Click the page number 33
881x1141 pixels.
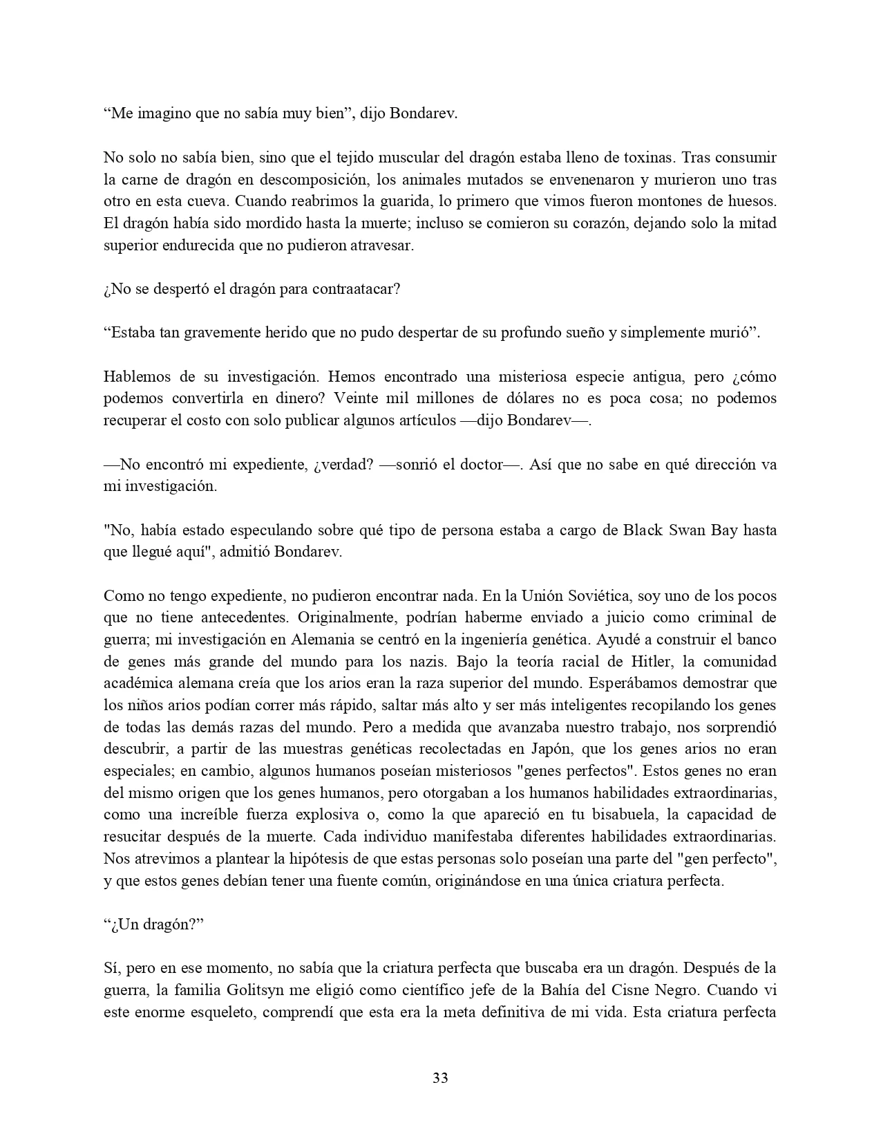(x=440, y=1077)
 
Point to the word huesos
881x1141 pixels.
(x=753, y=202)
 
